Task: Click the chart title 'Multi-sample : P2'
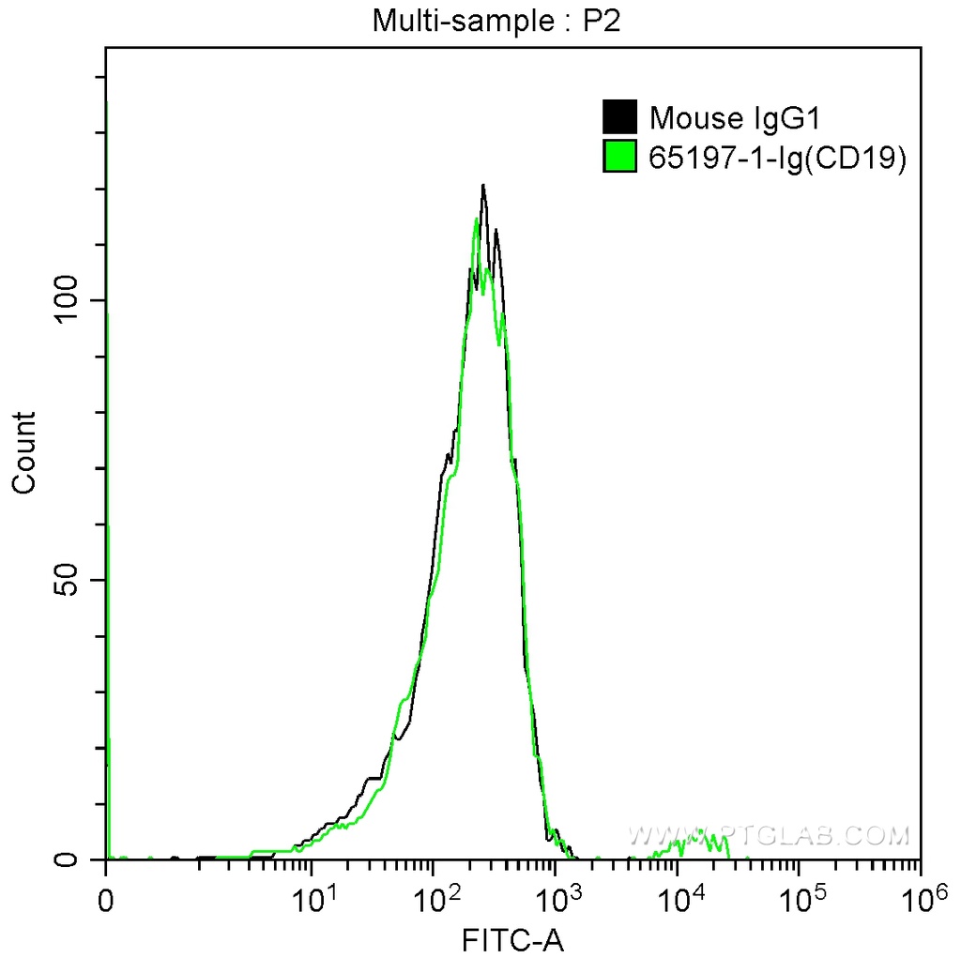coord(497,21)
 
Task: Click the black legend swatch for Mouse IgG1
coord(619,118)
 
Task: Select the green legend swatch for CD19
coord(619,157)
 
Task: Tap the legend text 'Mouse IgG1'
coord(736,118)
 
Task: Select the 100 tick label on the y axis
coord(71,300)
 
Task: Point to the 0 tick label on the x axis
coord(106,902)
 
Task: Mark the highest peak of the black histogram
coord(482,186)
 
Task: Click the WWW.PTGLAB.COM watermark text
coord(769,834)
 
